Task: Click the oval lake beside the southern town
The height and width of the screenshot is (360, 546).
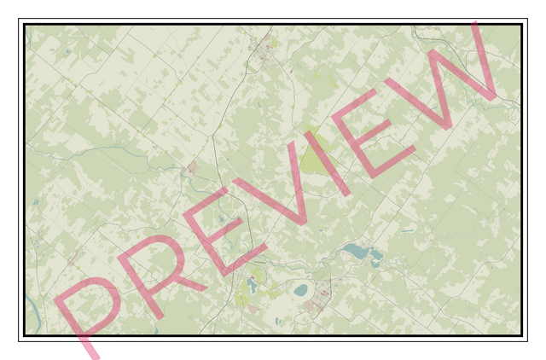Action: pos(301,290)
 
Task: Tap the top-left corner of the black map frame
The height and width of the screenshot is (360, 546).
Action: pos(25,25)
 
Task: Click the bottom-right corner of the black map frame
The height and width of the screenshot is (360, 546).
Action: pos(520,335)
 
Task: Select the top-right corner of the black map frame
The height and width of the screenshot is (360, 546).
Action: pos(520,25)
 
